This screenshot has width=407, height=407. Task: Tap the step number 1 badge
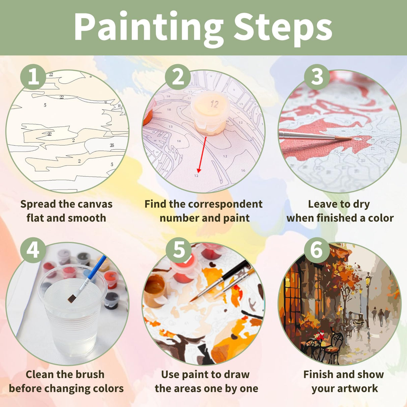tap(33, 77)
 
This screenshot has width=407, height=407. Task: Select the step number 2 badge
tap(178, 77)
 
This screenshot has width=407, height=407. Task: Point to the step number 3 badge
tap(317, 77)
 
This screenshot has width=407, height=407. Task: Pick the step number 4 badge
tap(33, 250)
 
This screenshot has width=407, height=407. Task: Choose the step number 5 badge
tap(179, 250)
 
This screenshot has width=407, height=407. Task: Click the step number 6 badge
tap(317, 250)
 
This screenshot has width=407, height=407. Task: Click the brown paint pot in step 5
tap(155, 290)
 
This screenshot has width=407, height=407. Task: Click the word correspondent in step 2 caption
tap(225, 204)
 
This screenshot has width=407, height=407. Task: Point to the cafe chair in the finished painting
tap(332, 345)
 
